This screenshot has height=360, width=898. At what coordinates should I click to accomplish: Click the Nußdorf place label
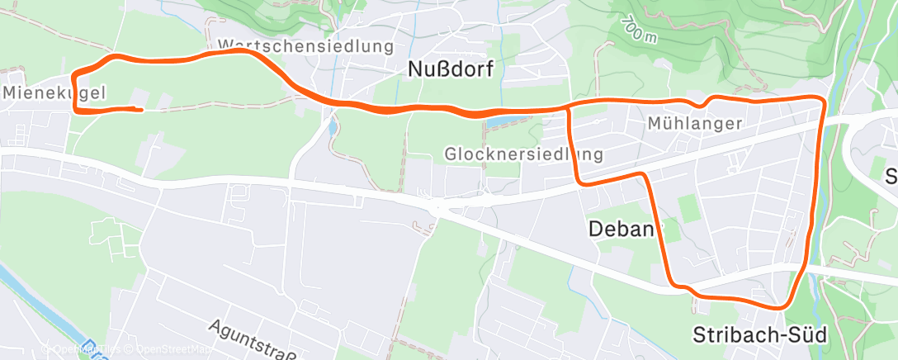(x=451, y=70)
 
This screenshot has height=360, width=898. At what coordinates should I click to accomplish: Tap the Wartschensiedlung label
(x=305, y=45)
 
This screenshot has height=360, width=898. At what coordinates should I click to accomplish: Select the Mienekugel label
(x=54, y=93)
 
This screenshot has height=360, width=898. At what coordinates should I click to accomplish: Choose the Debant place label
(x=624, y=229)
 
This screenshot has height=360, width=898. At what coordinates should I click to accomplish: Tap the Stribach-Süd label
(x=759, y=335)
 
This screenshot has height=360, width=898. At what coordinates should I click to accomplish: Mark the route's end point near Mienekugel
(x=142, y=109)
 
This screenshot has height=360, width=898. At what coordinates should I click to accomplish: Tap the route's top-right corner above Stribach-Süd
(x=821, y=100)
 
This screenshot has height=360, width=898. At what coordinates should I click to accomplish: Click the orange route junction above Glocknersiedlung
(x=569, y=107)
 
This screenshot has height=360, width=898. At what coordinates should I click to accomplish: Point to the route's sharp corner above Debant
(x=644, y=174)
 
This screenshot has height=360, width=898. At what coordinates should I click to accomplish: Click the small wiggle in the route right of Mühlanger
(x=703, y=103)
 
